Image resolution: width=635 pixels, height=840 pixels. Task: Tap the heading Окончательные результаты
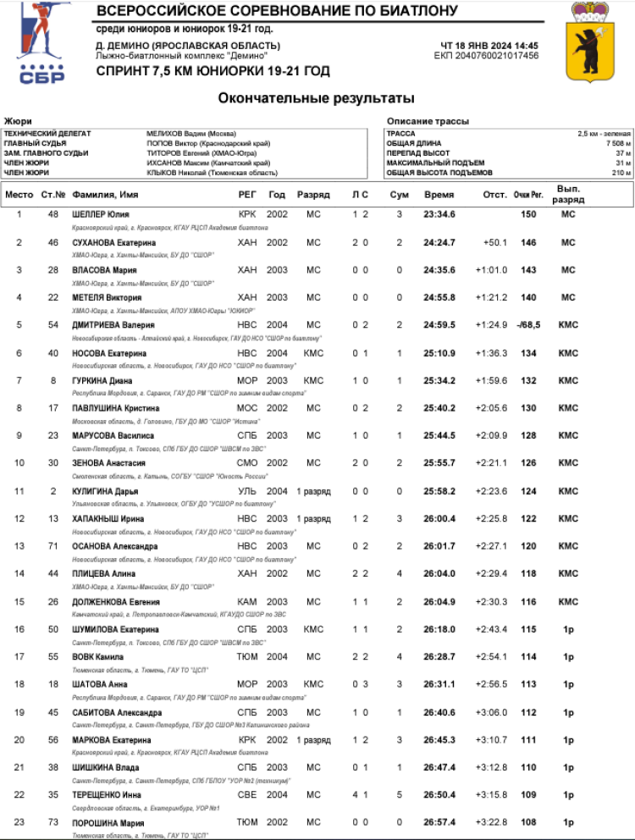tap(317, 98)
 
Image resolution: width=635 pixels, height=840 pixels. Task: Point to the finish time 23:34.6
tap(439, 214)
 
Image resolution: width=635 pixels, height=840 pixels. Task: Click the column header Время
tap(439, 195)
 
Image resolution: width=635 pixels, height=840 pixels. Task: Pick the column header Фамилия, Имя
tap(106, 195)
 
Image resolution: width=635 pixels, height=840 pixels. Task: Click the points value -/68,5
tap(528, 324)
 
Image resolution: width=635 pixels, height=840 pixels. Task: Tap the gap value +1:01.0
tap(492, 270)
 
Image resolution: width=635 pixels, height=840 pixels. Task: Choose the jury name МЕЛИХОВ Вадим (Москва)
tap(191, 134)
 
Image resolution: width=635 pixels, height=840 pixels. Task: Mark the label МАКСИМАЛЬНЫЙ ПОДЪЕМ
tap(435, 163)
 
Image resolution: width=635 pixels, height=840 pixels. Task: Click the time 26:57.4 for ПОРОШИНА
tap(439, 822)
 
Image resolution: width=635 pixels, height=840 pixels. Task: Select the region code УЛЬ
tap(246, 491)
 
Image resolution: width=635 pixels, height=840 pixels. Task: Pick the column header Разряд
tap(313, 195)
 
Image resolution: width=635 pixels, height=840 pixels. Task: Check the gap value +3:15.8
tap(492, 794)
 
